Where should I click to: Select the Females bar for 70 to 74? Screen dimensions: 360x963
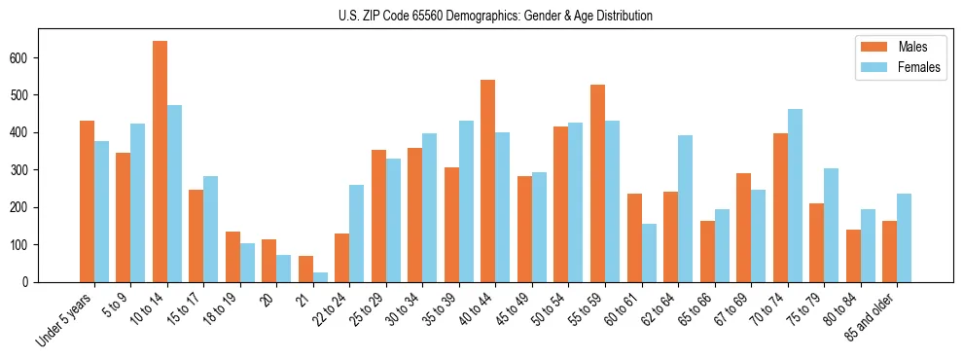coord(795,196)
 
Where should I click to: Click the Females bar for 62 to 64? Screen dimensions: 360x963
coord(686,208)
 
